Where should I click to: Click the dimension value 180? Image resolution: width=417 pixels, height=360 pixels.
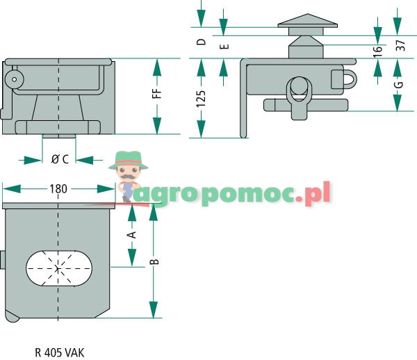(58, 188)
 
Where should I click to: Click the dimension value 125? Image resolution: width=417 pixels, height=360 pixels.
(201, 97)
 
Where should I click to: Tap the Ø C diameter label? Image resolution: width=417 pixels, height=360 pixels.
(60, 159)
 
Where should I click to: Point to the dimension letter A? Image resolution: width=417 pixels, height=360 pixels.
(131, 235)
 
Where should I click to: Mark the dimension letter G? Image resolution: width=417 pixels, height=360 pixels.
(398, 85)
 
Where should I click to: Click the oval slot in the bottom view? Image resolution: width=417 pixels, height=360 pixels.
(58, 268)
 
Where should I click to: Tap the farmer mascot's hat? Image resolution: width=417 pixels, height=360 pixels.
(126, 157)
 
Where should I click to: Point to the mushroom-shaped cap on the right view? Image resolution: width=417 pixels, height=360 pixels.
(306, 24)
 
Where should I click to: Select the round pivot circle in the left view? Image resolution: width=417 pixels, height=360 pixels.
(13, 79)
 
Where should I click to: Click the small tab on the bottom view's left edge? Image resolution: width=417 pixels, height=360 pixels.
(3, 261)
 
